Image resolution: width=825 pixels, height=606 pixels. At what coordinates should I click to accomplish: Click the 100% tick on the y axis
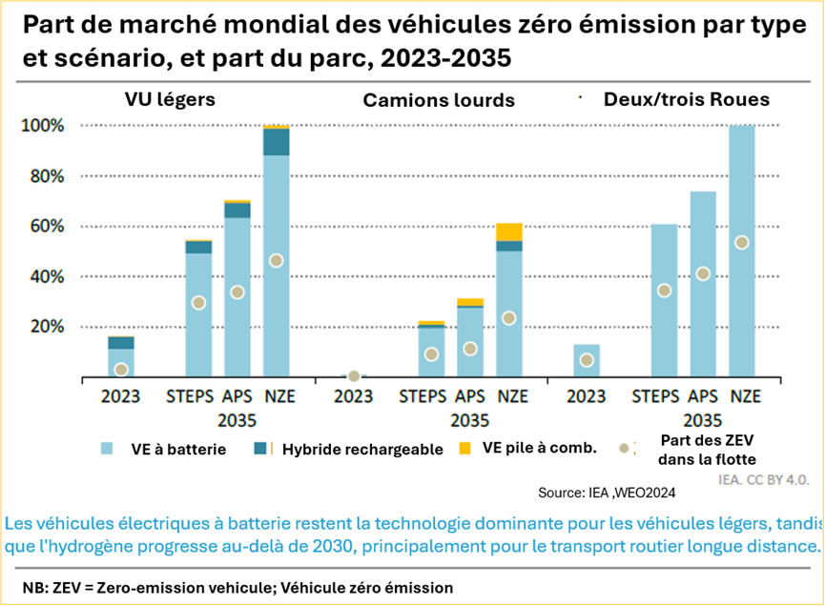pyautogui.click(x=43, y=126)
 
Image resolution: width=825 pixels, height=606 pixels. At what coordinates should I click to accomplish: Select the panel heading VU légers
pyautogui.click(x=169, y=99)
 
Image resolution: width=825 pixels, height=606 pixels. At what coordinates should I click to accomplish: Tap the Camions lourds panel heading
pyautogui.click(x=438, y=100)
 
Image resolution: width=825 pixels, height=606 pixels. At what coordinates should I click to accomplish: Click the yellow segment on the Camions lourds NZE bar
pyautogui.click(x=509, y=232)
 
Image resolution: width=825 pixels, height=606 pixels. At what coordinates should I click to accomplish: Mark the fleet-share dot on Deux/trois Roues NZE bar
pyautogui.click(x=741, y=242)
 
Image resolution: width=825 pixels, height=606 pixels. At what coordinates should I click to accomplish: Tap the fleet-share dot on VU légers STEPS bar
pyautogui.click(x=198, y=303)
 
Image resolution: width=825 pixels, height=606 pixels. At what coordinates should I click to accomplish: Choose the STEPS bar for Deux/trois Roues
pyautogui.click(x=665, y=300)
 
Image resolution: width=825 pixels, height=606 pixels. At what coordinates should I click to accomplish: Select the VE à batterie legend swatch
pyautogui.click(x=106, y=449)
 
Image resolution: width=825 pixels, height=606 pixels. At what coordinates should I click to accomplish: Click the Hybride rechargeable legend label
pyautogui.click(x=362, y=450)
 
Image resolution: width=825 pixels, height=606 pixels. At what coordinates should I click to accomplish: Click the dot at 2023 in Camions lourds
pyautogui.click(x=354, y=376)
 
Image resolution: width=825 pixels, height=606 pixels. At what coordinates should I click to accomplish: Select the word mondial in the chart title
pyautogui.click(x=252, y=27)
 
